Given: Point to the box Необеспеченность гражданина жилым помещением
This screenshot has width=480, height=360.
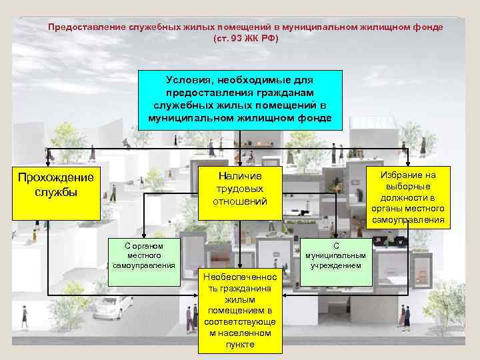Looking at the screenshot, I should pos(240,311).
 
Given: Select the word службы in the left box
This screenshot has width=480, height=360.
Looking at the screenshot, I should pos(55,192).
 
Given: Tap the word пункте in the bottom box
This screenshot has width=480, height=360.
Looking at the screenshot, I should pos(240,345).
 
